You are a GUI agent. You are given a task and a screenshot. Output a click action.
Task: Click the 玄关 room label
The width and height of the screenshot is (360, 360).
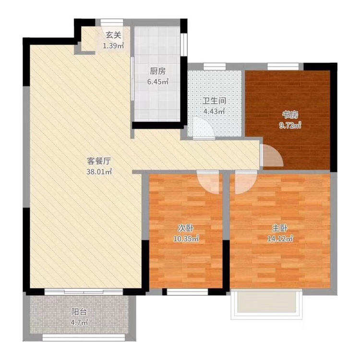pyautogui.click(x=113, y=36)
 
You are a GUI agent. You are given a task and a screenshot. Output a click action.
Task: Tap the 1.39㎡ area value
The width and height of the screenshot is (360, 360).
pyautogui.click(x=113, y=46)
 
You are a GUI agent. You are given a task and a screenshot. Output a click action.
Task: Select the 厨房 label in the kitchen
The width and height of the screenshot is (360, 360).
pyautogui.click(x=158, y=71)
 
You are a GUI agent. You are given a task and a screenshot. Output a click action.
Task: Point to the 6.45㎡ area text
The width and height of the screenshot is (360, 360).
pyautogui.click(x=158, y=82)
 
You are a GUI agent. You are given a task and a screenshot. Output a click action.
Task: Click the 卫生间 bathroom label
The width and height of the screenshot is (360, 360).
pyautogui.click(x=214, y=101)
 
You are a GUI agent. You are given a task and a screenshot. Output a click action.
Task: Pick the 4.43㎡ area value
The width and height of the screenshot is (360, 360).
pyautogui.click(x=214, y=111)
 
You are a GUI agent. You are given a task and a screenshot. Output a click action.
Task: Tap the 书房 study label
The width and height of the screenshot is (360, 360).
pyautogui.click(x=290, y=115)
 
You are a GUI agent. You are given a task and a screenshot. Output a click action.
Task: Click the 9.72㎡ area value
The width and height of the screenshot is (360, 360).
pyautogui.click(x=290, y=125)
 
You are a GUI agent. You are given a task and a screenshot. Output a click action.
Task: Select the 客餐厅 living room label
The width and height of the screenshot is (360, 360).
pyautogui.click(x=99, y=161)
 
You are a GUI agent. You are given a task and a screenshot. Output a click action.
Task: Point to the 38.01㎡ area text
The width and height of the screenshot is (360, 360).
pyautogui.click(x=99, y=172)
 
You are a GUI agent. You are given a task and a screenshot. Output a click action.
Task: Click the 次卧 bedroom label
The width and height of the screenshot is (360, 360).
pyautogui.click(x=186, y=228)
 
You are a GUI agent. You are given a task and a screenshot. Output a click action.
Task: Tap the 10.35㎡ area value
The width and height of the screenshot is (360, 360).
pyautogui.click(x=186, y=239)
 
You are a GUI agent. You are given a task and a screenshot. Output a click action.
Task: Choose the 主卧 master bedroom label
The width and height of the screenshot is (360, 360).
pyautogui.click(x=280, y=228)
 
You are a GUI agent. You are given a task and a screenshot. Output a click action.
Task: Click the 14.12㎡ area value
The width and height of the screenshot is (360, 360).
pyautogui.click(x=280, y=239)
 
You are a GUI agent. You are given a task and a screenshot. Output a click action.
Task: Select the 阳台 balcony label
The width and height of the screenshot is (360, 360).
pyautogui.click(x=79, y=312)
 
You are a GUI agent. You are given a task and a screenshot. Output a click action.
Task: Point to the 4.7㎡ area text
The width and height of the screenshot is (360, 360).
pyautogui.click(x=79, y=323)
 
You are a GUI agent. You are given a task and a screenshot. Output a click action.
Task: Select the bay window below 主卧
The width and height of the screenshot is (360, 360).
pyautogui.click(x=267, y=304)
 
